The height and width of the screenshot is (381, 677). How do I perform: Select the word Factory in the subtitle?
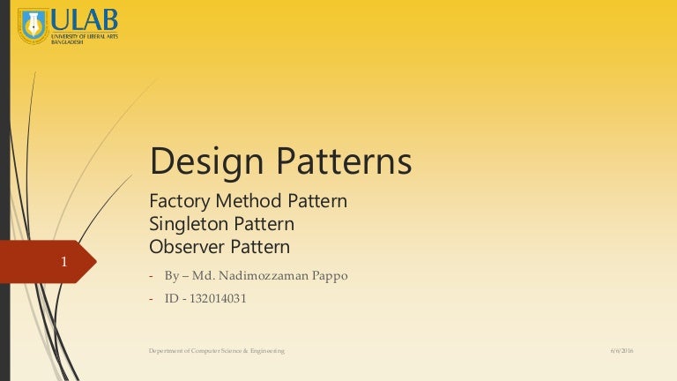[x=176, y=201]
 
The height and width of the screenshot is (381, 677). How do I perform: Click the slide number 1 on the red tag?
[x=63, y=262]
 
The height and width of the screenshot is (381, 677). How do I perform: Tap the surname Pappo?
[x=328, y=276]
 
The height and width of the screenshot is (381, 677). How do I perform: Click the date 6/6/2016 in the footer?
[x=622, y=351]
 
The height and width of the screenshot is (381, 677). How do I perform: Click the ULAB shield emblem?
[x=33, y=26]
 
